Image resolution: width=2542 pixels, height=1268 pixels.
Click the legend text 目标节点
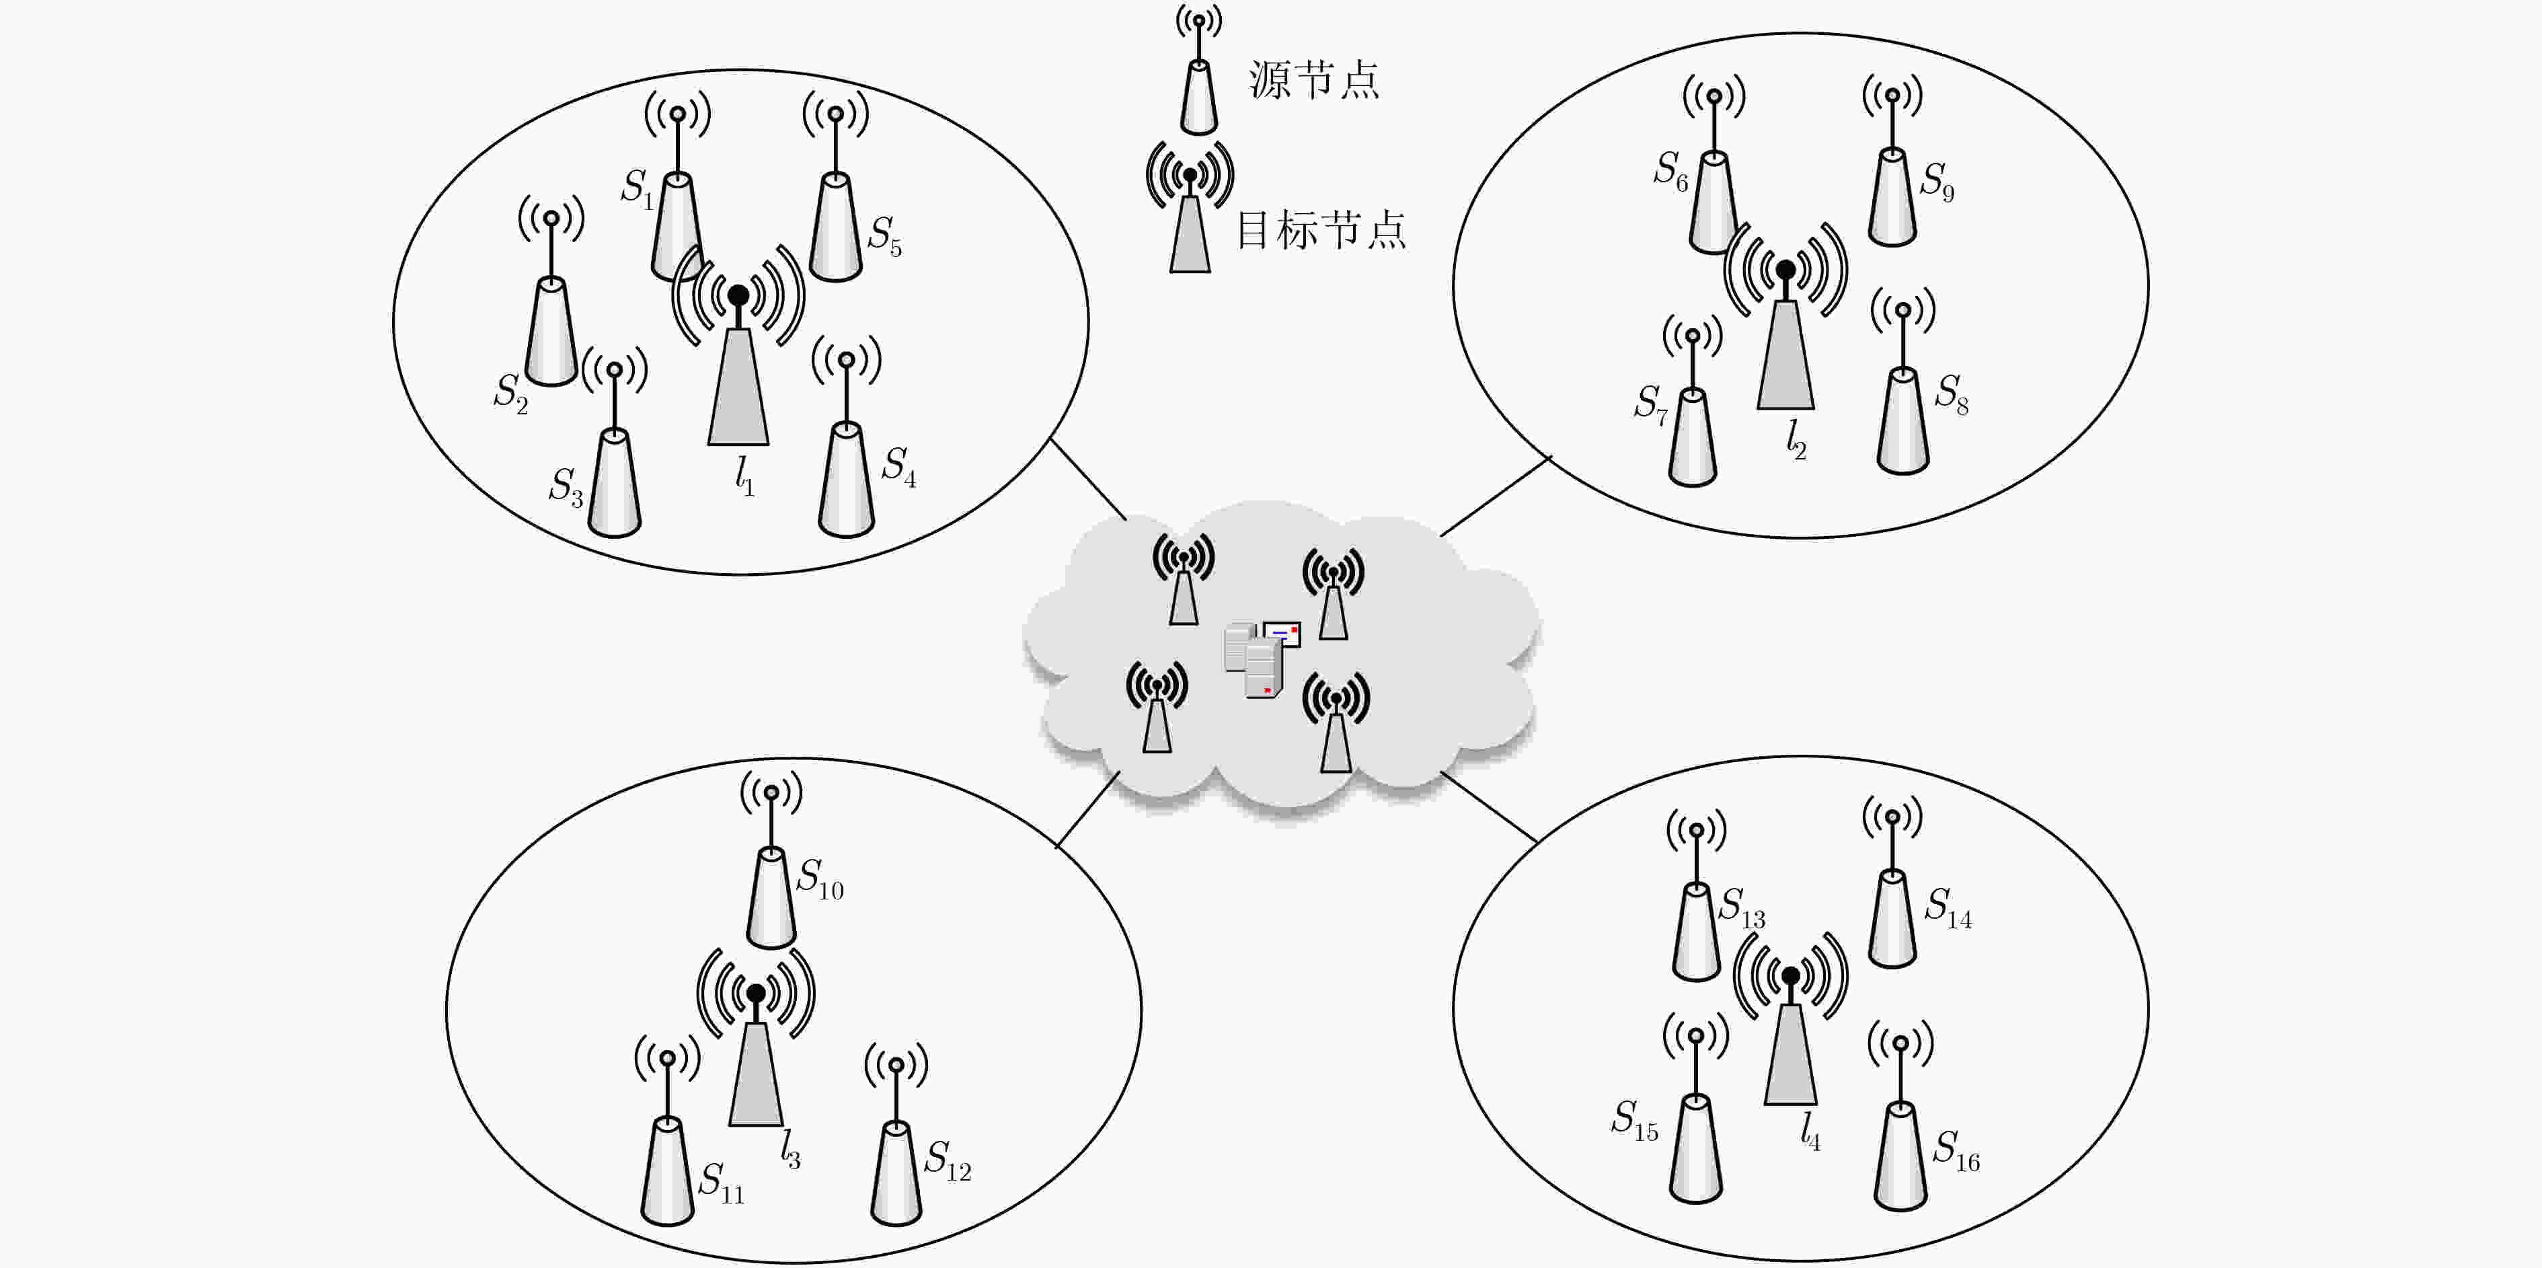pos(1321,231)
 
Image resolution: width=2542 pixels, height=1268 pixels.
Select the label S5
pos(884,237)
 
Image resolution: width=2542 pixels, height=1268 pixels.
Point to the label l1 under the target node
pos(744,476)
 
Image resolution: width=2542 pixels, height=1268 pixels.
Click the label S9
pos(1937,182)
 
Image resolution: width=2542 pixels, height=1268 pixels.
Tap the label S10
pos(820,879)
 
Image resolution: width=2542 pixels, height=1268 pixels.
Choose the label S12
pos(948,1160)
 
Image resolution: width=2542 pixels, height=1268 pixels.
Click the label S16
pos(1956,1150)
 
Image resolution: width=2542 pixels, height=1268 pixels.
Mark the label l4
pos(1810,1131)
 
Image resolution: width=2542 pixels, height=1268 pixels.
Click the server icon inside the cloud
pos(1261,658)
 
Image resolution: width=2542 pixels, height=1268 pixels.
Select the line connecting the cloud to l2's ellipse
pos(1496,496)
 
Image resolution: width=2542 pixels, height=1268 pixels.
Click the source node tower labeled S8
pos(1902,382)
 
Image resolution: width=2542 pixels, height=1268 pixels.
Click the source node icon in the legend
pos(1199,69)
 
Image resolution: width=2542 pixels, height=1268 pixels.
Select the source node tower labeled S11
pos(668,1131)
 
